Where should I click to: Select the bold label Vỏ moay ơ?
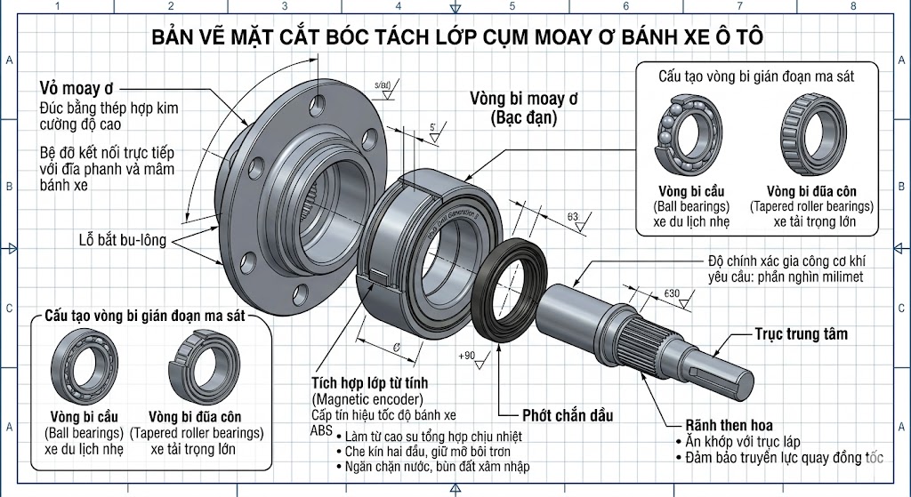(x=78, y=89)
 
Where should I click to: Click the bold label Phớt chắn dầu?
(x=568, y=415)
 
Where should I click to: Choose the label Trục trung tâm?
(x=801, y=334)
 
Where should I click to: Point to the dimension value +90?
(x=468, y=356)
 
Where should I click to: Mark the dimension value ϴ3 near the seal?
(x=572, y=217)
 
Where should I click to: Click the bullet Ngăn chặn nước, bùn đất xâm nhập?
(x=431, y=466)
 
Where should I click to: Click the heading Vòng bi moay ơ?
(x=523, y=98)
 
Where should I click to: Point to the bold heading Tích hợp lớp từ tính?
(x=364, y=382)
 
